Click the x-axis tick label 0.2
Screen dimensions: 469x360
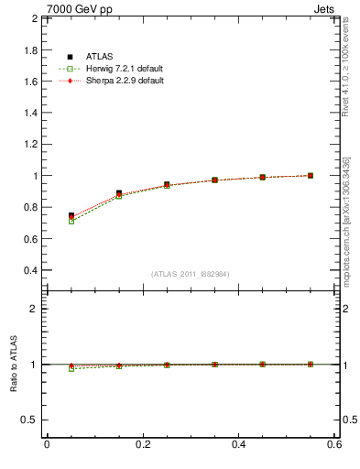tap(142, 445)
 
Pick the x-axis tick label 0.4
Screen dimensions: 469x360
tap(238, 445)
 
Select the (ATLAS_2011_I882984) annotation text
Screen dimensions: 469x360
tap(190, 274)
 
